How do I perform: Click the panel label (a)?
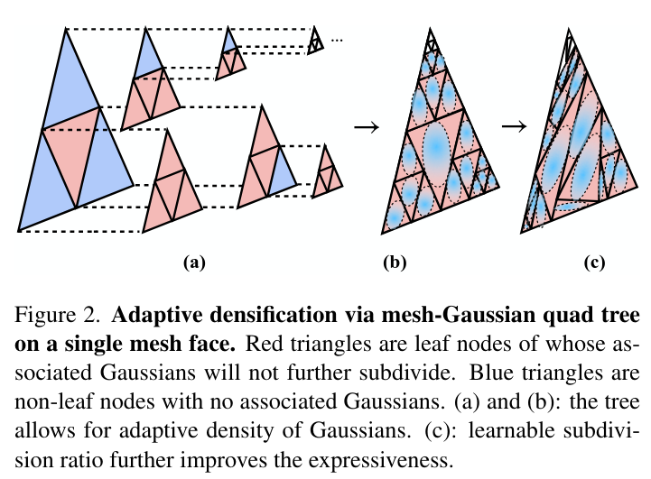194,263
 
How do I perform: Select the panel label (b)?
395,263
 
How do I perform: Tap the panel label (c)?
593,263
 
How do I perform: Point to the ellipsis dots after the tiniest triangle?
338,40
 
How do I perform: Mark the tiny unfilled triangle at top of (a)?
314,40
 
